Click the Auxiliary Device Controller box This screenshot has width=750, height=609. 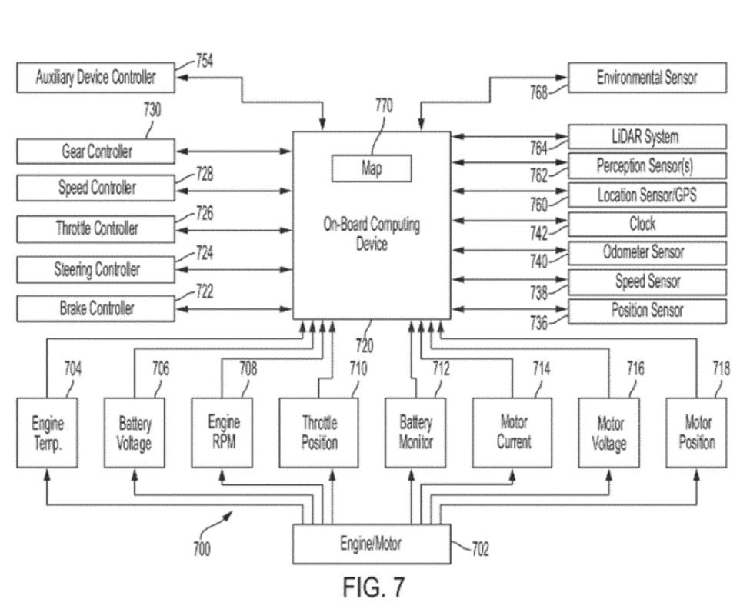(x=96, y=78)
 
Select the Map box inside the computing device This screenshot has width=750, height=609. (x=372, y=168)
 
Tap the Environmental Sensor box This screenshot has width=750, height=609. (x=647, y=78)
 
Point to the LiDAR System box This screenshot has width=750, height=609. (x=647, y=137)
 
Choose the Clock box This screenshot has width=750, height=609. (x=647, y=224)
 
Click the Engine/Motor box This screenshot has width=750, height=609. (x=372, y=544)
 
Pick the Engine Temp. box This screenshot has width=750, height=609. (x=48, y=433)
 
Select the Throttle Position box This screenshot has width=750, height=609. (x=319, y=433)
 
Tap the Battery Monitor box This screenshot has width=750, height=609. (x=416, y=433)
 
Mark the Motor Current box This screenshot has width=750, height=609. (x=513, y=433)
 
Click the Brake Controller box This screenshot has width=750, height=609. (x=96, y=309)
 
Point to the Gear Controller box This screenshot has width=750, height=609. (x=96, y=151)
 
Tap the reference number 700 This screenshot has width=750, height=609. (x=201, y=549)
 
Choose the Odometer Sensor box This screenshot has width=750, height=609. (x=647, y=252)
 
